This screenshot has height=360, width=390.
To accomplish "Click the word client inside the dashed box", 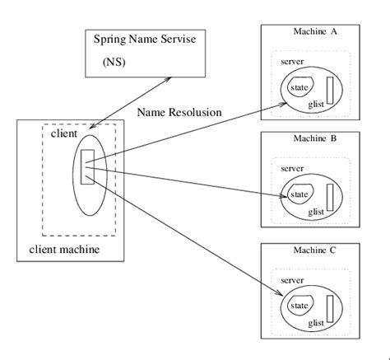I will (x=64, y=133).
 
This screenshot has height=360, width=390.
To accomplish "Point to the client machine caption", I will (x=64, y=249).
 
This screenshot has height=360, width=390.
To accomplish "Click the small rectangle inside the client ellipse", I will (x=88, y=167).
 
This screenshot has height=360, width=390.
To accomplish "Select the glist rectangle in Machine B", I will (x=331, y=196).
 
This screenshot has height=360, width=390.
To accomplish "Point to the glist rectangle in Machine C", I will (x=331, y=306).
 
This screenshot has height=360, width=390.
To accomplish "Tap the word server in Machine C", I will (x=292, y=280).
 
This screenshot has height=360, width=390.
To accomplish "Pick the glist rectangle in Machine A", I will (x=331, y=87).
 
